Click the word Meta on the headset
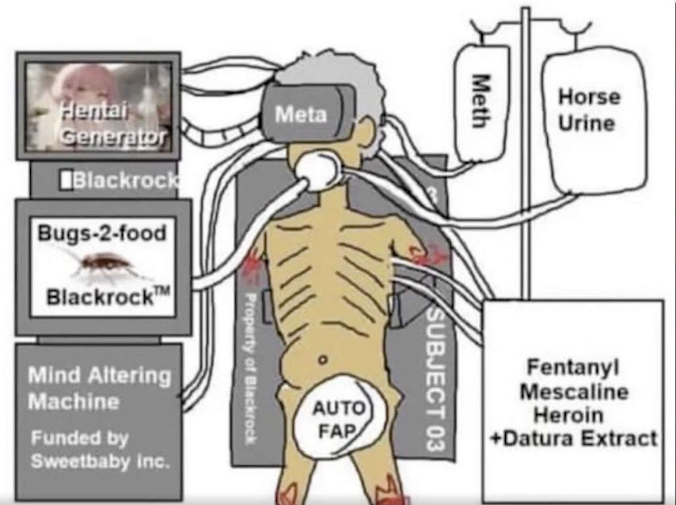[x=301, y=114]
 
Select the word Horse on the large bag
[x=589, y=97]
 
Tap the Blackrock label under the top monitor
[x=122, y=181]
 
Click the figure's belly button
[x=323, y=360]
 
